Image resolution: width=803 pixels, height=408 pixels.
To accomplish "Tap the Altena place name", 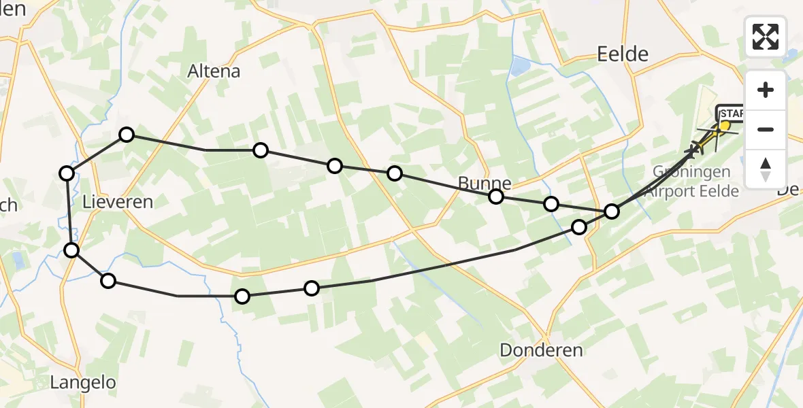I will point(214,71).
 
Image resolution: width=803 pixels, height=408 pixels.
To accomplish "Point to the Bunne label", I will point(484,182).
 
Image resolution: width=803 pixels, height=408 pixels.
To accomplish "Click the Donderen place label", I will point(541,350).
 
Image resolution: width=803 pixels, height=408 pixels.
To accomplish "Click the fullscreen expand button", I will point(766,37).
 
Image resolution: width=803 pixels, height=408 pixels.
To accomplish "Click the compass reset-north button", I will point(766,169).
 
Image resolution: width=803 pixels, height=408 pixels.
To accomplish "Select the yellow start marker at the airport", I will point(725,126).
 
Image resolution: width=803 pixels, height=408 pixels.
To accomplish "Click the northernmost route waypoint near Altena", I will point(127,135).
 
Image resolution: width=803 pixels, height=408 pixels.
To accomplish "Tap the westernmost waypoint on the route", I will point(66,173).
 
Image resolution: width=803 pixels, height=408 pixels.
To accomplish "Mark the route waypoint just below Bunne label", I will point(496,197).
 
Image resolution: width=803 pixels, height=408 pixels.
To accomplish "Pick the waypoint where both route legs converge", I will point(612,211).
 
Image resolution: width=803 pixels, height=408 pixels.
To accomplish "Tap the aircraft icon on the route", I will point(695,148).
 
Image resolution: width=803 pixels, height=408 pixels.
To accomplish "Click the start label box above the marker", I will point(732,112).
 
